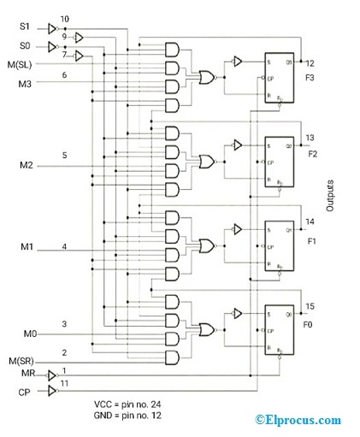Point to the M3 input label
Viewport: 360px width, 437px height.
point(25,84)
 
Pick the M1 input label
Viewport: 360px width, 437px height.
point(25,248)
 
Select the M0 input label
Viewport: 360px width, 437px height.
point(25,333)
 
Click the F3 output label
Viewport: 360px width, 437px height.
point(310,76)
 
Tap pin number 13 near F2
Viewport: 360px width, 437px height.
point(310,138)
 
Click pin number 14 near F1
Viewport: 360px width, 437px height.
point(310,221)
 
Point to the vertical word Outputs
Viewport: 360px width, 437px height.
point(330,197)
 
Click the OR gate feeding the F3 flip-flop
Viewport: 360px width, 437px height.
point(206,78)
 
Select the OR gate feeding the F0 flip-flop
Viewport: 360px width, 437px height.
point(206,329)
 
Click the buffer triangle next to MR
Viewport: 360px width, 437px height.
point(52,375)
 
